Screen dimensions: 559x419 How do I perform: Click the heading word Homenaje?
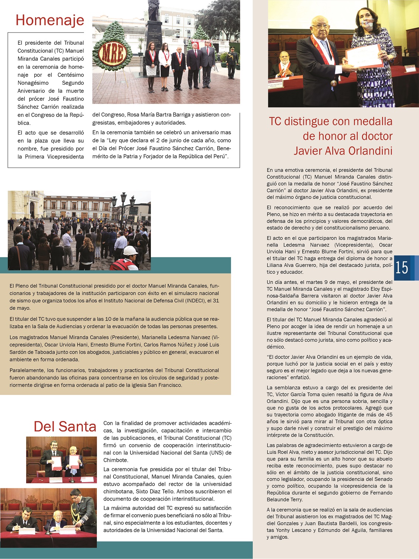[50, 20]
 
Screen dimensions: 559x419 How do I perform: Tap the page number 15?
[402, 267]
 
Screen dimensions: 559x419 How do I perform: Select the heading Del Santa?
[65, 426]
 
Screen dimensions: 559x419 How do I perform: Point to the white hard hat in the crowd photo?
[130, 251]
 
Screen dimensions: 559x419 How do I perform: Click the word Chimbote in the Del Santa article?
[115, 460]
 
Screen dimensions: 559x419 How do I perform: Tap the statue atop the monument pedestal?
[154, 10]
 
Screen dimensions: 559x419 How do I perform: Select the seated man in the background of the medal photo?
[285, 65]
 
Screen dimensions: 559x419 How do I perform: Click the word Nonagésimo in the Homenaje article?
[33, 83]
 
